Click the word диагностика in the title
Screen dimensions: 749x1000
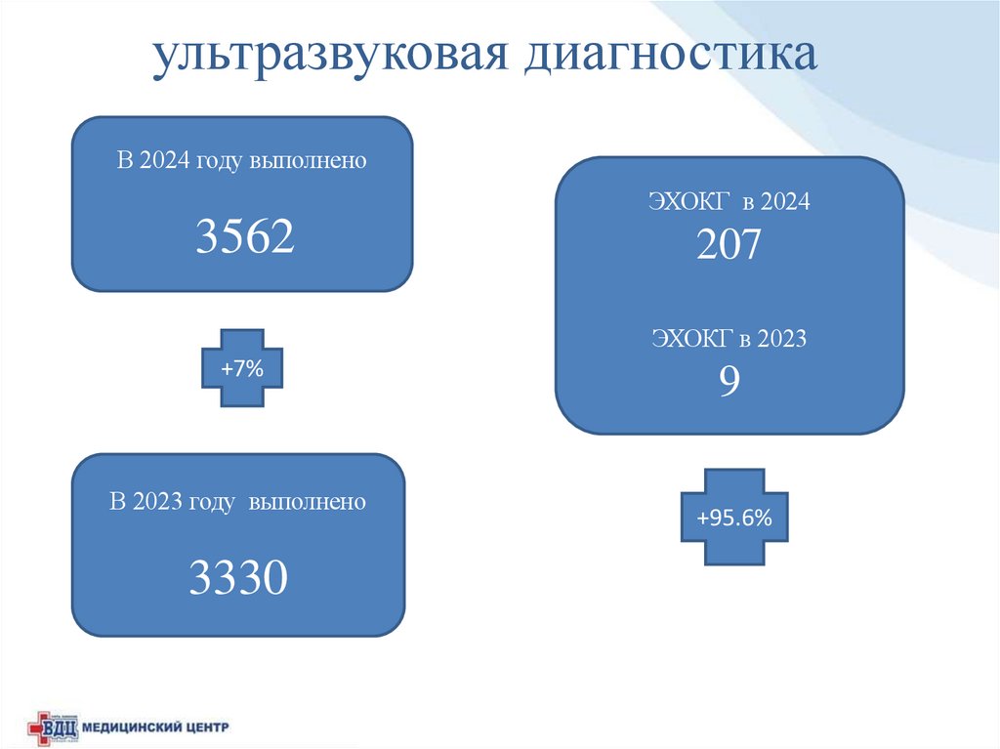(x=673, y=57)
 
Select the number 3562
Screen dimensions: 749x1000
(x=244, y=237)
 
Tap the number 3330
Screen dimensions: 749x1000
(x=238, y=578)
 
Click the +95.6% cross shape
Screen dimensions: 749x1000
(x=733, y=519)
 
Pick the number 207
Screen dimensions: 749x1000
(x=729, y=245)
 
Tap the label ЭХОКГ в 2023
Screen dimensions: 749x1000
(x=729, y=340)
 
